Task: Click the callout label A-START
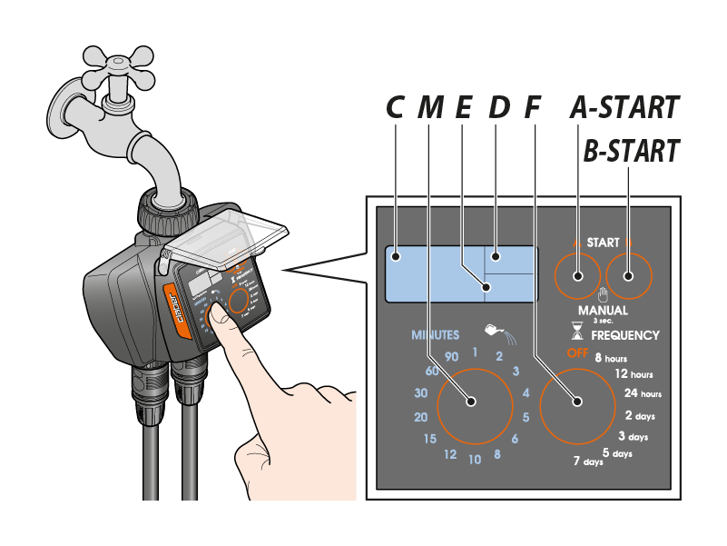(624, 107)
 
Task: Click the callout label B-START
(631, 151)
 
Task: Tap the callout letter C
(394, 108)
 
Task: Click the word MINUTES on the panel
(436, 335)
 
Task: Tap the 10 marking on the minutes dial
(474, 460)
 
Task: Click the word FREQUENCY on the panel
(625, 335)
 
